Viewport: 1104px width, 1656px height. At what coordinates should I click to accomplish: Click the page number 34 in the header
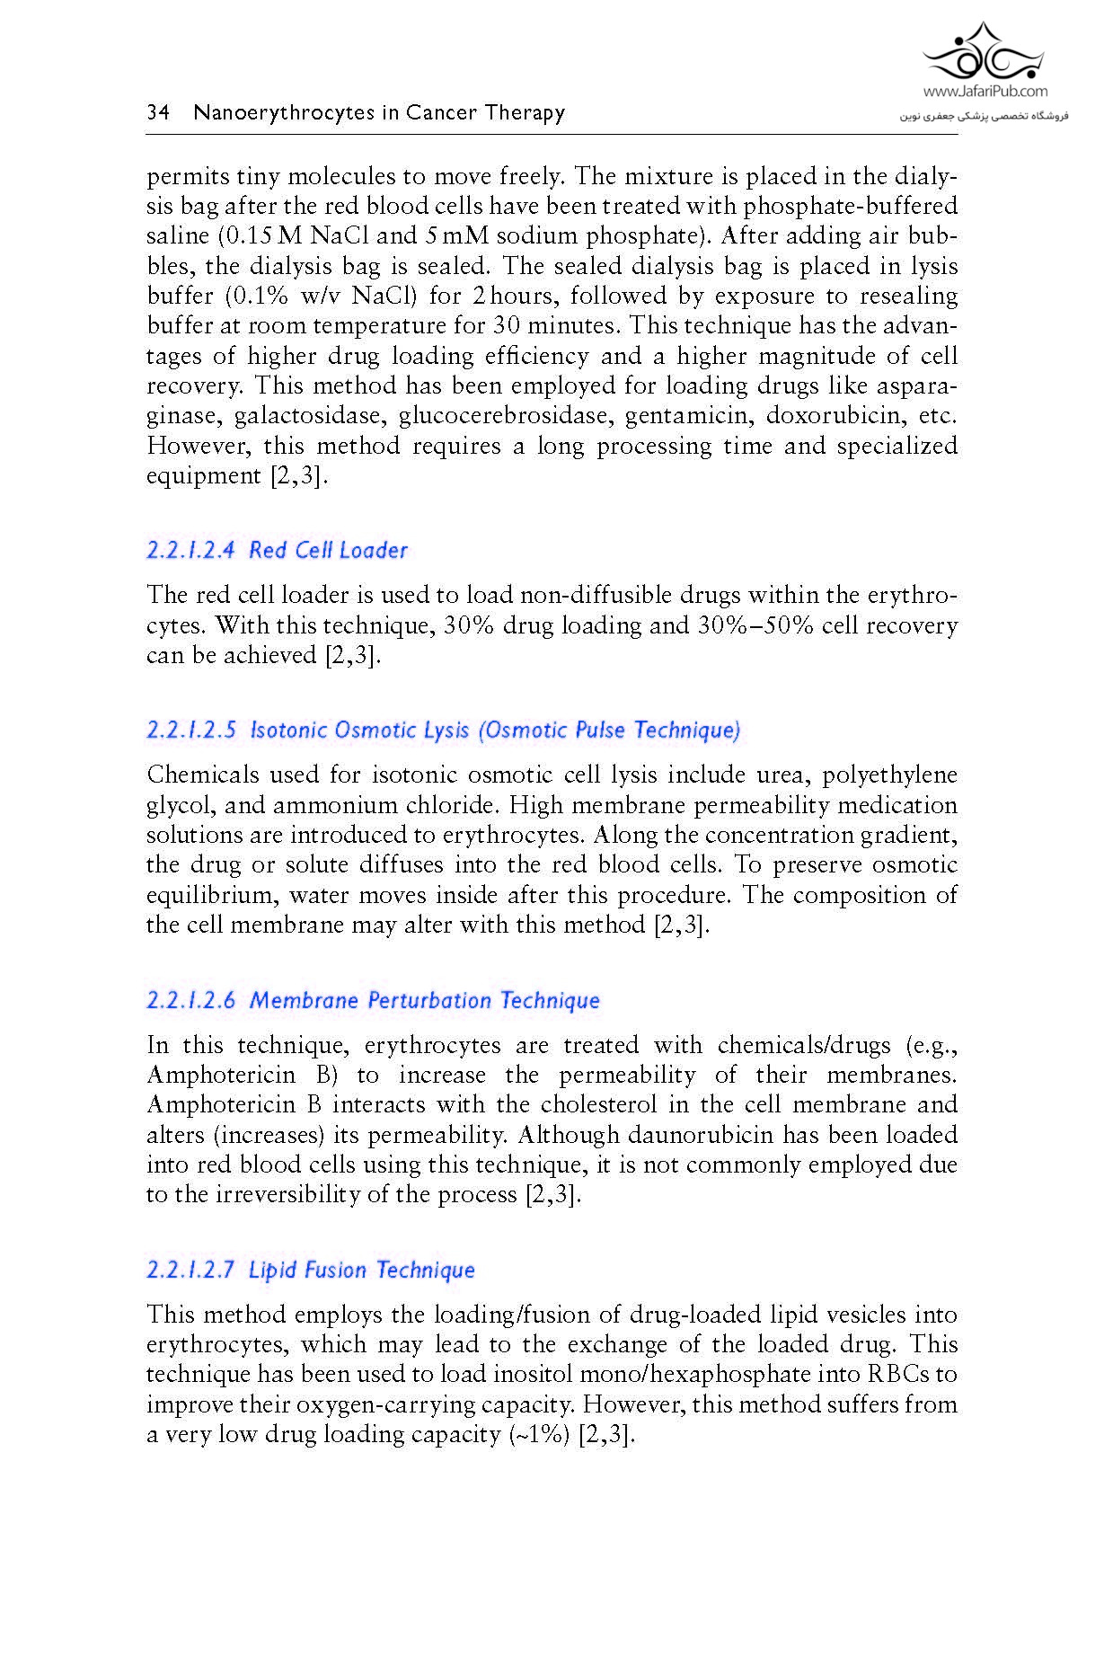[x=158, y=112]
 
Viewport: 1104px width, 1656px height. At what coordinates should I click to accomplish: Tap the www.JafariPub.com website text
[x=985, y=91]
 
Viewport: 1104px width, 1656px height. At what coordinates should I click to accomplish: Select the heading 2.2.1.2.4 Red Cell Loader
[x=277, y=550]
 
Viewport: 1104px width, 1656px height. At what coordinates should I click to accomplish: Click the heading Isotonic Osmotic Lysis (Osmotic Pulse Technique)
[x=444, y=730]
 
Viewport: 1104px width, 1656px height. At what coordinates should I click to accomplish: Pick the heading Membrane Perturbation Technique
[x=373, y=1000]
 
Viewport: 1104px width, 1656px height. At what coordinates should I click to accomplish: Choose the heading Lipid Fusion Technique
[x=311, y=1270]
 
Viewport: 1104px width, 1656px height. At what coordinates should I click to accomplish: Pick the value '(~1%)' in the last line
[x=540, y=1434]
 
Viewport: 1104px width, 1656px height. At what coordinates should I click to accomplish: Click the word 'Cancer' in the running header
[x=440, y=112]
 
